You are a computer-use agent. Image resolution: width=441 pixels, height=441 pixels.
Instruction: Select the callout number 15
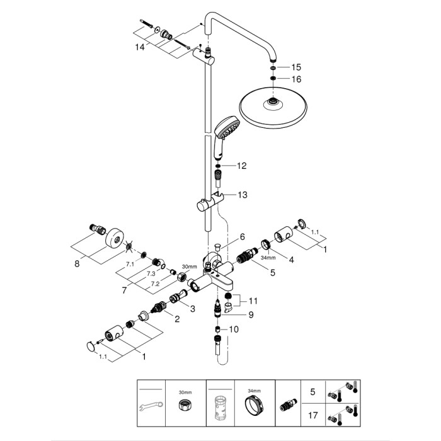click(x=296, y=67)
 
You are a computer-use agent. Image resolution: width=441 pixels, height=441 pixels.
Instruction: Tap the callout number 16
click(x=296, y=79)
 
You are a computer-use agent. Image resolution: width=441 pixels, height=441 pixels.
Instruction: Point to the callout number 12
click(x=241, y=166)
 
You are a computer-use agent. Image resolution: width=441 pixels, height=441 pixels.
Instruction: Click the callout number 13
click(x=242, y=195)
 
